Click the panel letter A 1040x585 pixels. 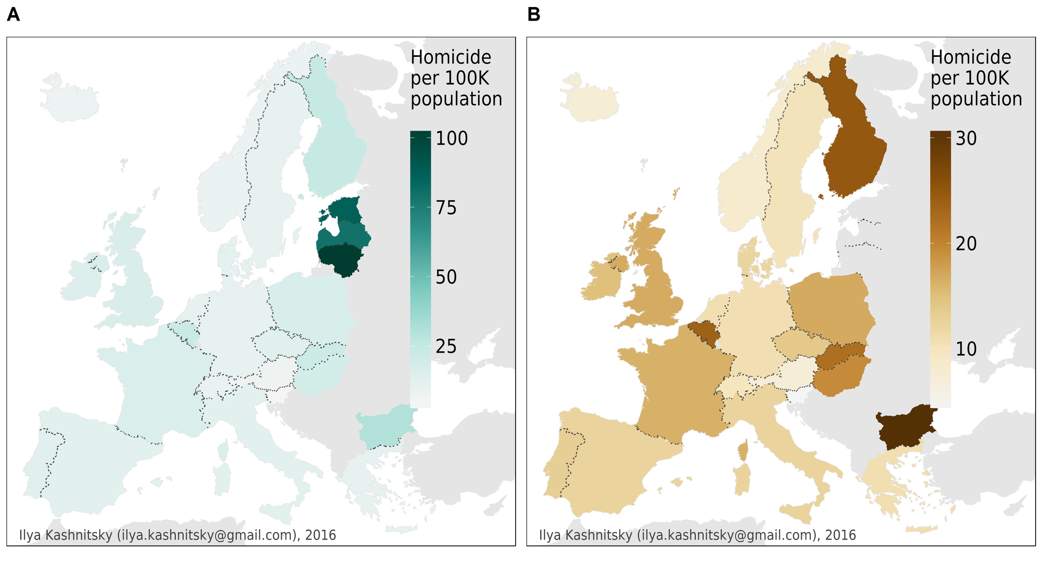[x=14, y=15]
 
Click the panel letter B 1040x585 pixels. [x=534, y=15]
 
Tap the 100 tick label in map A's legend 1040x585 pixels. [x=452, y=139]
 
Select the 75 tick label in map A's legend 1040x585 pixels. [x=446, y=208]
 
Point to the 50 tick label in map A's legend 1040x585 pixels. [x=446, y=277]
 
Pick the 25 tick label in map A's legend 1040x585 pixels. [x=446, y=347]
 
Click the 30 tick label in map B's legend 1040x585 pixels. [x=966, y=139]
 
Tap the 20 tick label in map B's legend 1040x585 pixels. [x=966, y=244]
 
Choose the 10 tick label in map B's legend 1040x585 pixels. [x=966, y=349]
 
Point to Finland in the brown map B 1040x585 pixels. [x=853, y=146]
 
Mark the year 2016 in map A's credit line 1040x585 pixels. [x=321, y=535]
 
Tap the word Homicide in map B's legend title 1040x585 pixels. [x=971, y=57]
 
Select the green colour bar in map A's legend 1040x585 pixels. [x=420, y=269]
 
